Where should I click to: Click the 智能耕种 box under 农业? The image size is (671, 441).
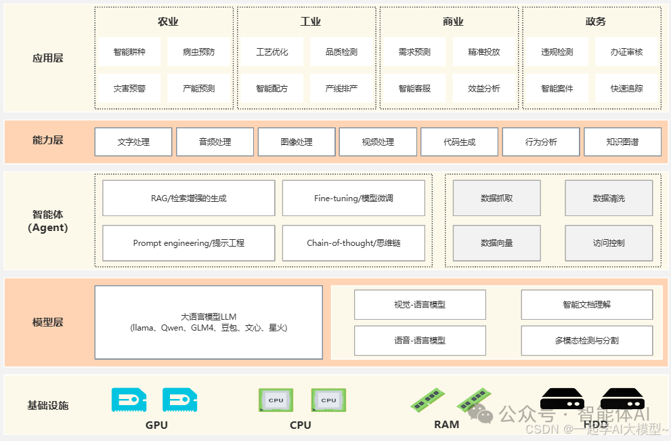click(129, 52)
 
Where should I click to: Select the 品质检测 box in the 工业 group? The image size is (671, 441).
click(341, 52)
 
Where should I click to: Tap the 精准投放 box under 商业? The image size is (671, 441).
click(484, 52)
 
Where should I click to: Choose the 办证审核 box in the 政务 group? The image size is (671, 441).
click(626, 52)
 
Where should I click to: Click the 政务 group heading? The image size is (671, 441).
click(595, 22)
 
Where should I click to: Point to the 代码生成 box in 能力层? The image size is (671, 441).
click(460, 142)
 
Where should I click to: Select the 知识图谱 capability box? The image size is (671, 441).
click(622, 142)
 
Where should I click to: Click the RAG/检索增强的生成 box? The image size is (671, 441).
click(189, 198)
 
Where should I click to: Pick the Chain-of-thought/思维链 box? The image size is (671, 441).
click(353, 243)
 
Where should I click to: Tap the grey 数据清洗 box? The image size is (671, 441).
click(609, 198)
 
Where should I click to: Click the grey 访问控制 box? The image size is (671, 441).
click(609, 243)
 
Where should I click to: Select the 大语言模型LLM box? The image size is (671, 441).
click(209, 322)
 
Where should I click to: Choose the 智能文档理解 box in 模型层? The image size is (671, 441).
click(586, 305)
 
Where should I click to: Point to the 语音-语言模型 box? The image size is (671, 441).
click(420, 341)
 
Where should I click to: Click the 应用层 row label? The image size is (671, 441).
click(47, 58)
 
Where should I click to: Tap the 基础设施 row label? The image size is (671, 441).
click(47, 406)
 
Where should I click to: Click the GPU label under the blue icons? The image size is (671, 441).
click(156, 425)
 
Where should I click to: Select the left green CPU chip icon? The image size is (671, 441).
click(276, 400)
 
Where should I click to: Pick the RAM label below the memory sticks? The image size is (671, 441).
click(446, 425)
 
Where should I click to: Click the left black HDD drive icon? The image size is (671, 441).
click(562, 398)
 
